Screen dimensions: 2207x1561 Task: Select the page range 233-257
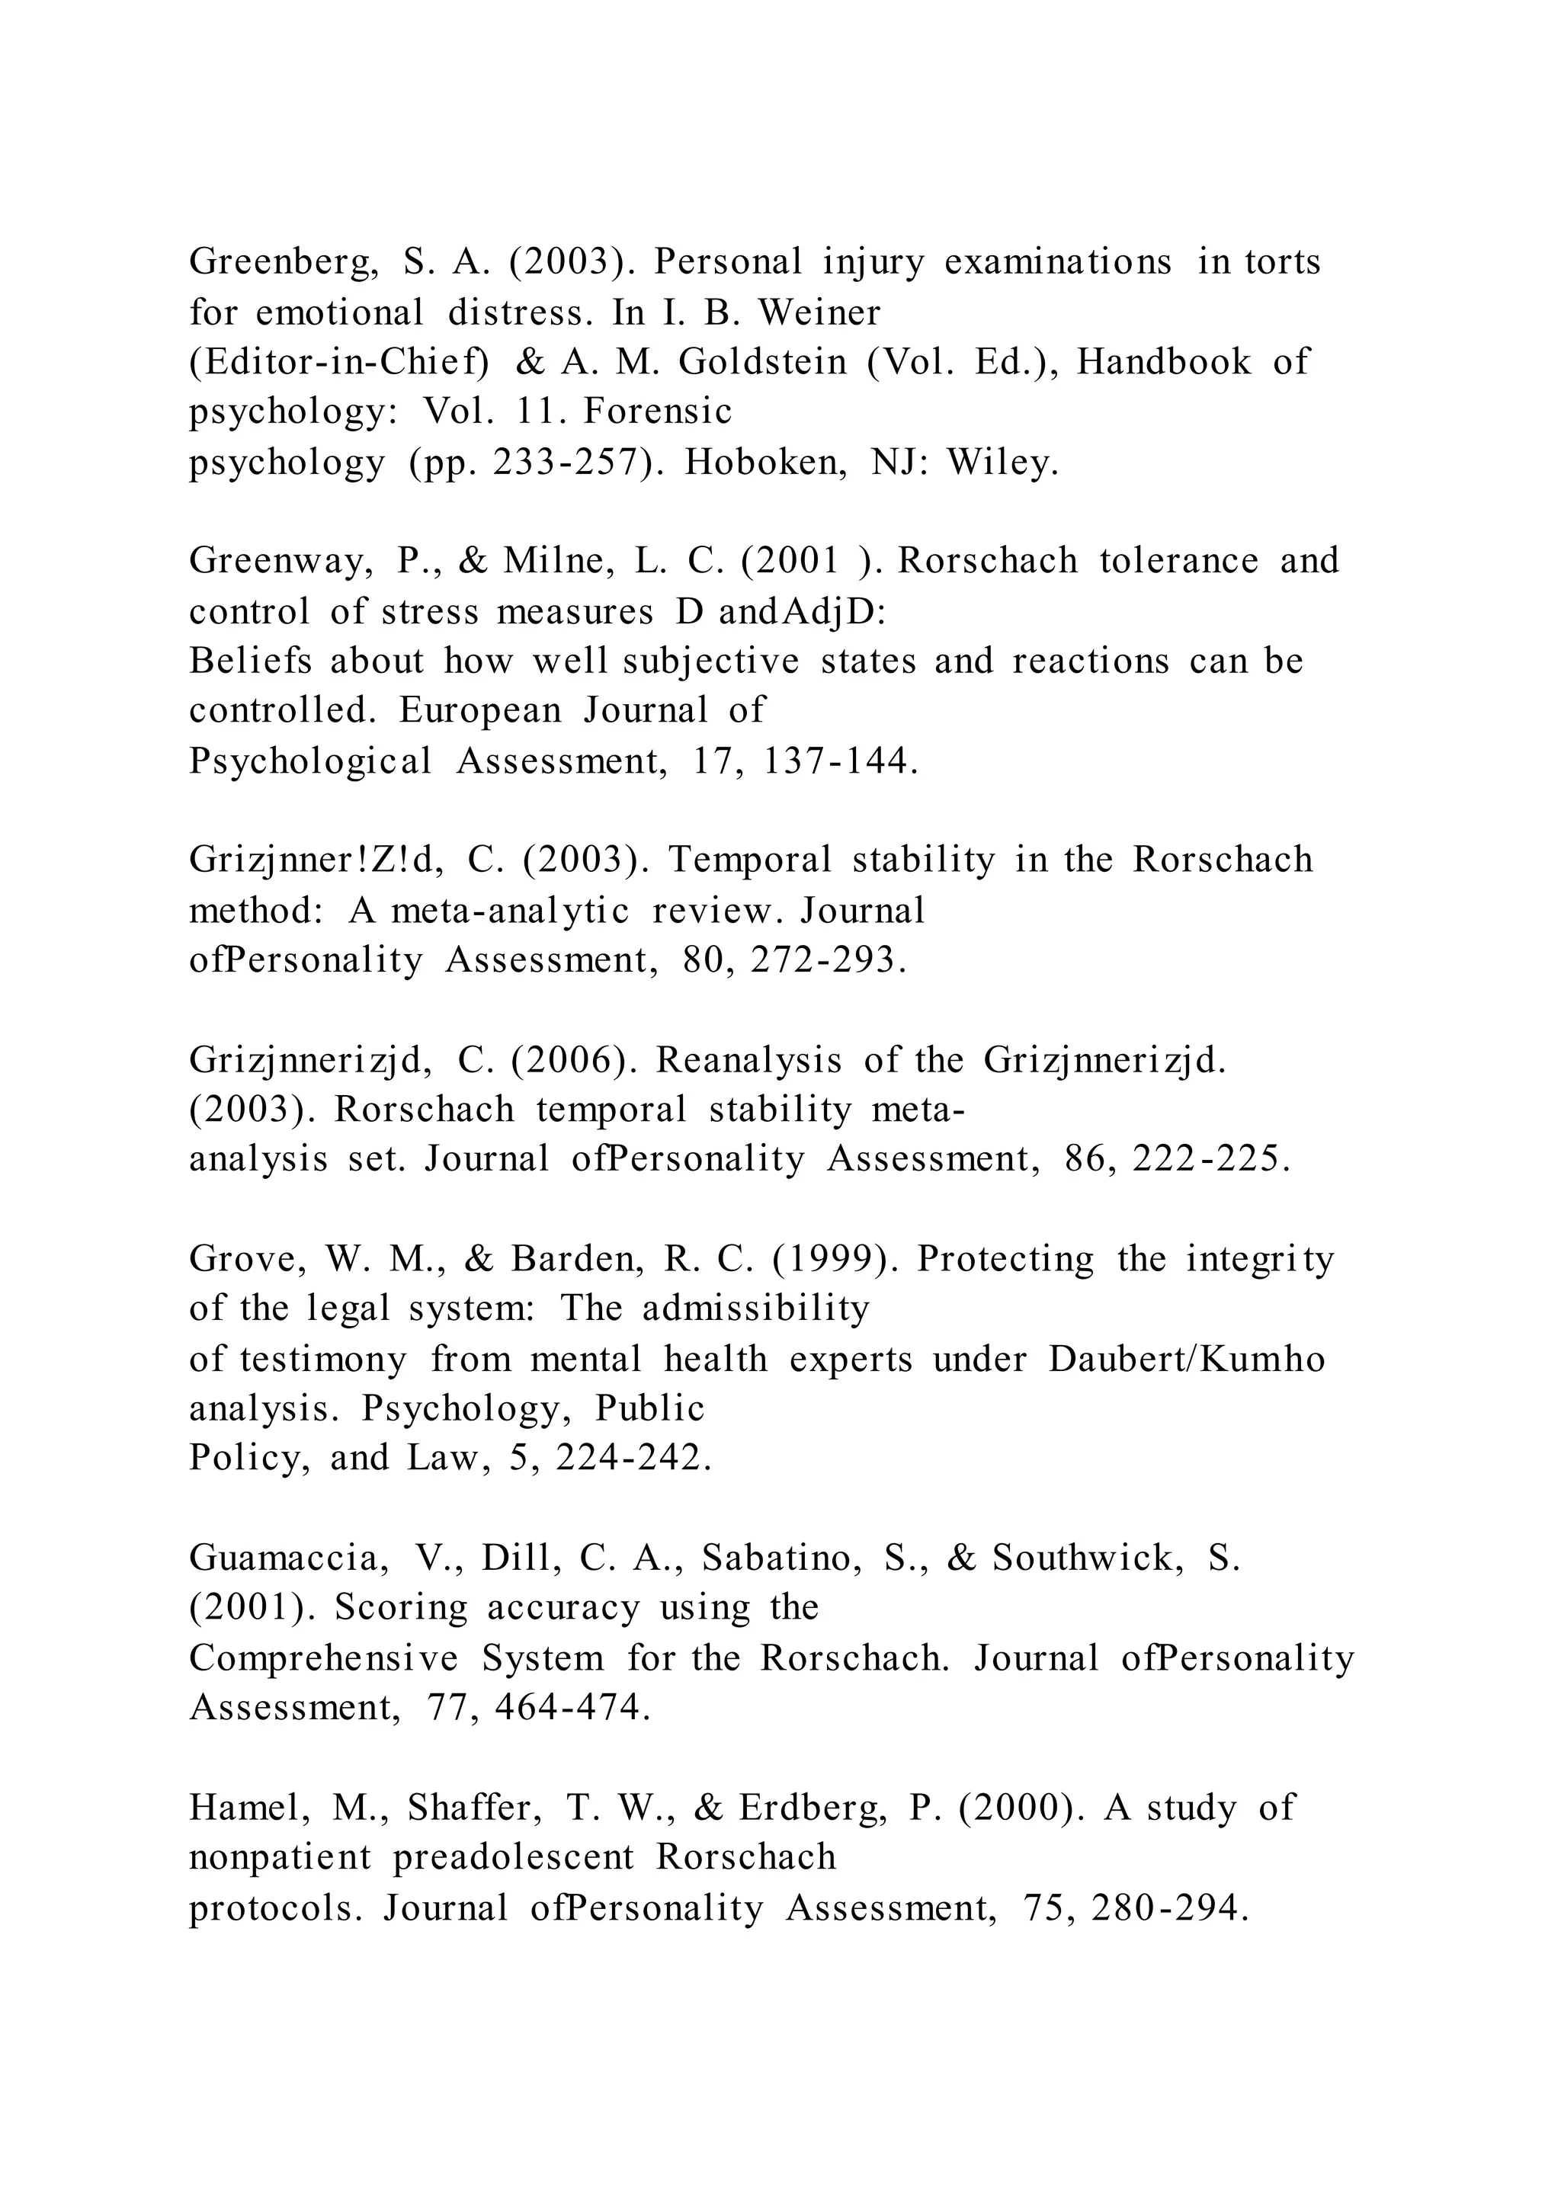[566, 463]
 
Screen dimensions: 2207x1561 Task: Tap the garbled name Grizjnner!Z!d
[316, 860]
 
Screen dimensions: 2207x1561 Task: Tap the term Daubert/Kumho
[1186, 1360]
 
